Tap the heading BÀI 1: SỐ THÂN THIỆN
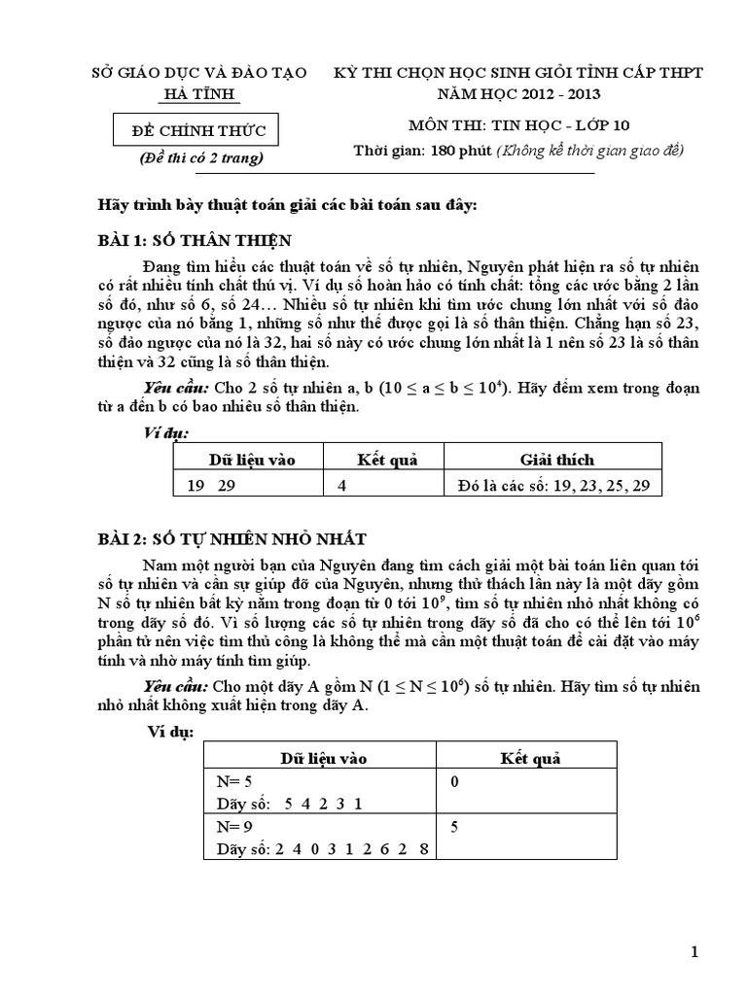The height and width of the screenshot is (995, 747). coord(198,241)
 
